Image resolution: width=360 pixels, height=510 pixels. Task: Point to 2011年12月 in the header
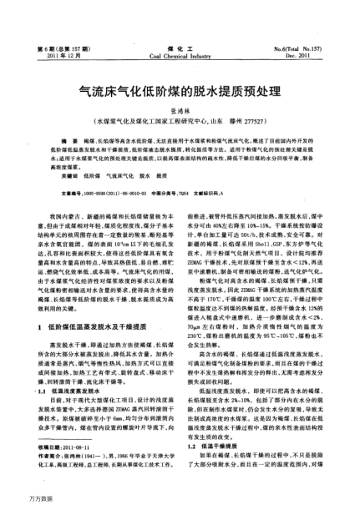pyautogui.click(x=61, y=33)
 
